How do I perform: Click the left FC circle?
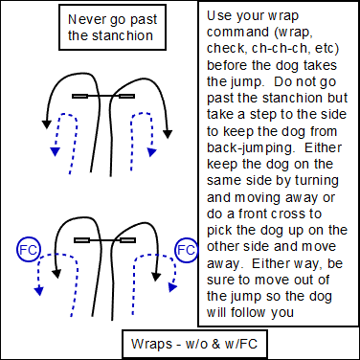click(x=29, y=250)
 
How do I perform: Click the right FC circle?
click(x=187, y=250)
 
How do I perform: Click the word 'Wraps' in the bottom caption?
click(x=151, y=344)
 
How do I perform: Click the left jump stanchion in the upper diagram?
click(x=80, y=96)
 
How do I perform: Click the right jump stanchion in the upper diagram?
click(x=126, y=96)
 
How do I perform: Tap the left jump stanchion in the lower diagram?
click(x=81, y=240)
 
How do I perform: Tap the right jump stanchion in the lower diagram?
click(x=128, y=240)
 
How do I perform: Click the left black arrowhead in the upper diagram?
click(x=47, y=124)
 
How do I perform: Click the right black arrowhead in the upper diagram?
click(x=168, y=134)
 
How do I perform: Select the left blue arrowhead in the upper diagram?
click(x=56, y=152)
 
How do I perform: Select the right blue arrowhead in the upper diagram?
click(x=152, y=152)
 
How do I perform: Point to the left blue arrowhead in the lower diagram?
click(x=39, y=291)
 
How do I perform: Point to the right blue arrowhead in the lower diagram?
click(x=172, y=287)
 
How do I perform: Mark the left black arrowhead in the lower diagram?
click(x=56, y=274)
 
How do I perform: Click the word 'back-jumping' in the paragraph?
click(x=252, y=147)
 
